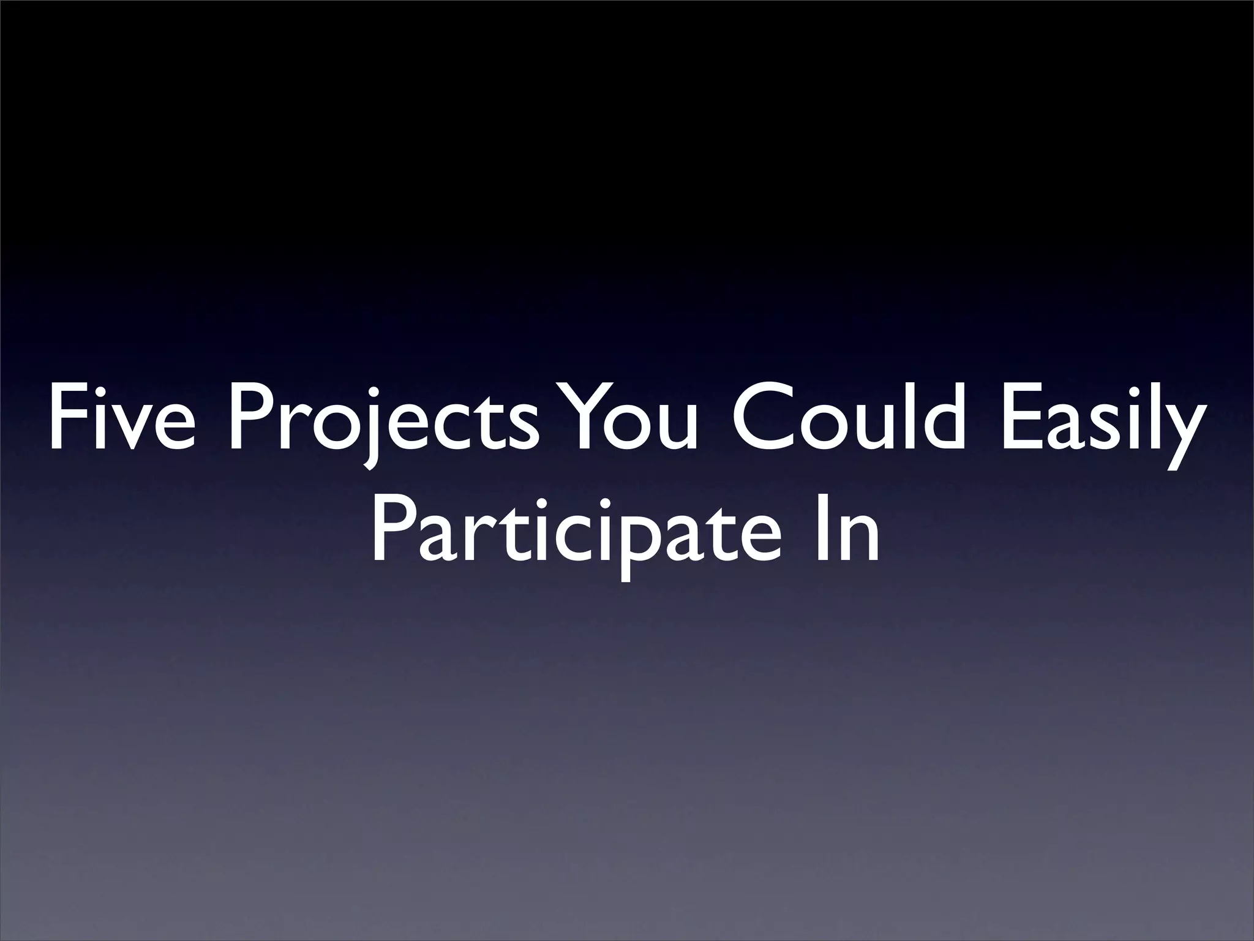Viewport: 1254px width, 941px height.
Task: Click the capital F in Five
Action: coord(64,417)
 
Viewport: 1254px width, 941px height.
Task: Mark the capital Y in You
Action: coord(579,417)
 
